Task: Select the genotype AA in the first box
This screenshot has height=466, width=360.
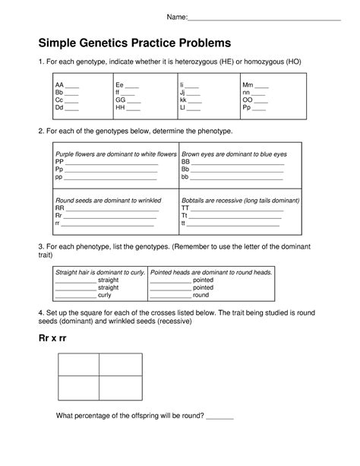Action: (59, 85)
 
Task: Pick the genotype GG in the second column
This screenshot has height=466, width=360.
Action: (120, 100)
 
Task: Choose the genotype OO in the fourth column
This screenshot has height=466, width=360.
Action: (248, 100)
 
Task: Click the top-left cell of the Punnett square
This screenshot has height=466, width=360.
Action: (78, 364)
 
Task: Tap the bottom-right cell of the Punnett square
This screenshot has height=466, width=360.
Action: (120, 388)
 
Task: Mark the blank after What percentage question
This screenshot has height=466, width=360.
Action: (219, 417)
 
